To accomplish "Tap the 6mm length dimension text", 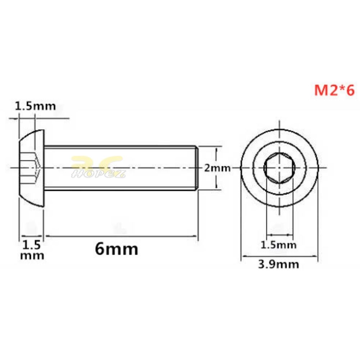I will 116,249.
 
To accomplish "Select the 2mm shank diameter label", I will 217,168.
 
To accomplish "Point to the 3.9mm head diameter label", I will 279,264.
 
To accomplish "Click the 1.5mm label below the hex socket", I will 279,245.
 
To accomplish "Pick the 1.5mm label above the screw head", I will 35,106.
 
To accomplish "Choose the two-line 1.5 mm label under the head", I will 33,250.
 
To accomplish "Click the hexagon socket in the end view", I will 279,168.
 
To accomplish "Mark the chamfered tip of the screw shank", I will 196,168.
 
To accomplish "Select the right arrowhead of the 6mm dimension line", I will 195,237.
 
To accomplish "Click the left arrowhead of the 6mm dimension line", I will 47,237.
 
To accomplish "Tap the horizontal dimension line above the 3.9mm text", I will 279,256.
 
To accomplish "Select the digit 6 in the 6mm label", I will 100,249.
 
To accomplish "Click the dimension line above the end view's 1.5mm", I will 279,234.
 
